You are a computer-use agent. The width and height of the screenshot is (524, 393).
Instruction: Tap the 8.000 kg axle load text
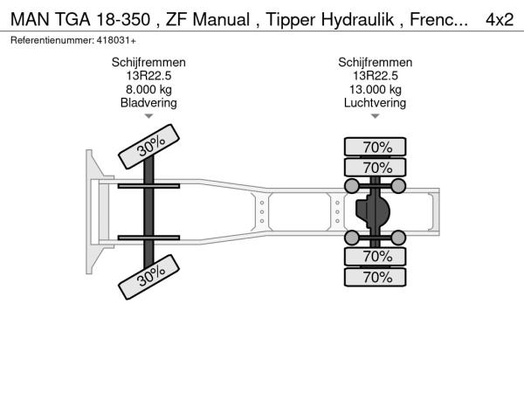click(x=148, y=89)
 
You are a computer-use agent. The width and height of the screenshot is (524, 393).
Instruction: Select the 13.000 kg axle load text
click(x=376, y=89)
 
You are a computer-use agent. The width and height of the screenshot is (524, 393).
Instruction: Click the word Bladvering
click(x=148, y=102)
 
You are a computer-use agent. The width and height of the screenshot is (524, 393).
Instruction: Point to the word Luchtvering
click(x=376, y=102)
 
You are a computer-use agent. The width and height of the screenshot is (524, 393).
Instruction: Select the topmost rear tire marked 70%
click(x=376, y=146)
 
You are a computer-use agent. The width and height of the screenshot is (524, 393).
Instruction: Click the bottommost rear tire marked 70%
click(x=376, y=278)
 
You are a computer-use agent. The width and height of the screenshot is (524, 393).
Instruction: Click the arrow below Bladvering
click(x=148, y=115)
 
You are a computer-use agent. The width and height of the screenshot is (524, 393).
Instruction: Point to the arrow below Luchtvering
click(x=376, y=115)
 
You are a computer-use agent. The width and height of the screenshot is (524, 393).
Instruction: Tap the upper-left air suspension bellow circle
click(x=352, y=185)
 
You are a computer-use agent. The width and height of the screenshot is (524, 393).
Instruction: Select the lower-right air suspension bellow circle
click(x=398, y=237)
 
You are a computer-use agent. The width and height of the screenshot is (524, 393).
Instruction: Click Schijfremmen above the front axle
click(x=148, y=63)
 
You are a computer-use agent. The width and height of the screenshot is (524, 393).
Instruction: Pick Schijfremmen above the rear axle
click(x=376, y=63)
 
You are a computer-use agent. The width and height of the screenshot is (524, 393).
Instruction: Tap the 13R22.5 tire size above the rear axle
click(x=376, y=76)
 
